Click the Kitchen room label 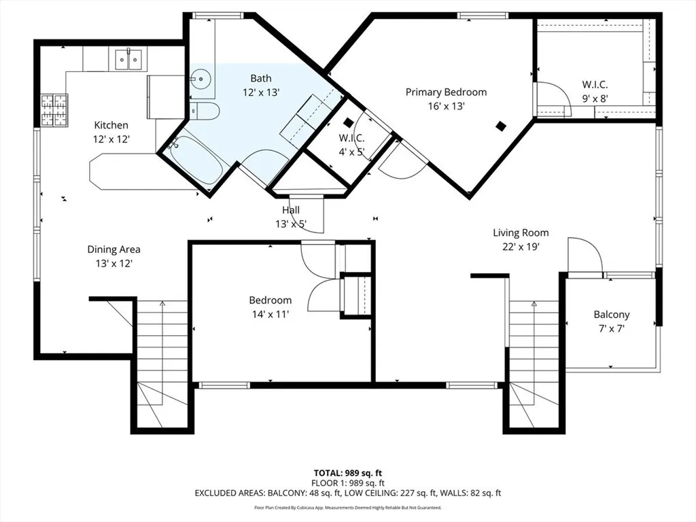(111, 125)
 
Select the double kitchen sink (128, 59)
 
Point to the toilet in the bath (205, 111)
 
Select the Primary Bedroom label (446, 92)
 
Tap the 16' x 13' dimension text (446, 106)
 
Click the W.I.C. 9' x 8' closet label (594, 85)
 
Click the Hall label (291, 210)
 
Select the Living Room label (521, 232)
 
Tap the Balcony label (611, 315)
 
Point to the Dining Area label (114, 249)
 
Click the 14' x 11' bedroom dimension (270, 314)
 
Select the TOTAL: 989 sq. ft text (347, 472)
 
